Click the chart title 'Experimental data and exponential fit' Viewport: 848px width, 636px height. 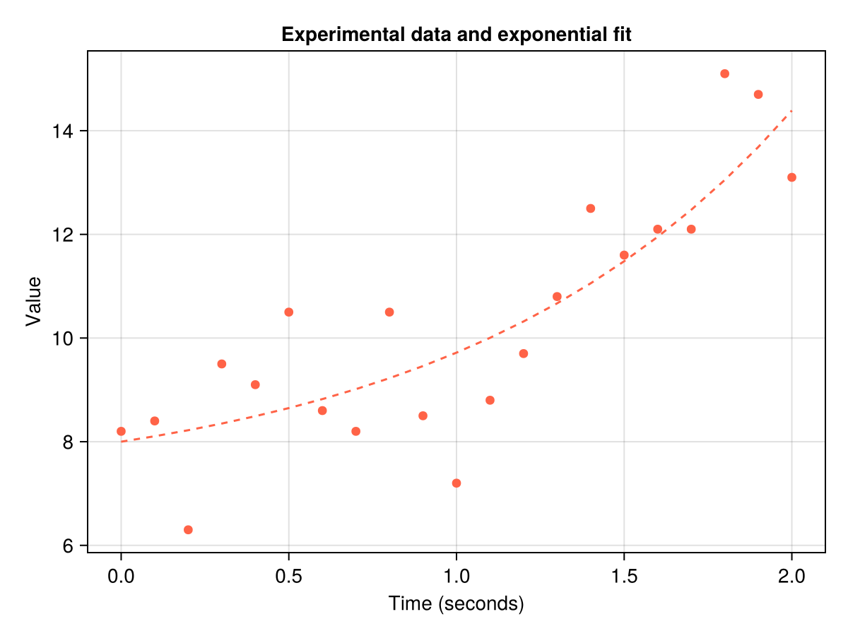(456, 35)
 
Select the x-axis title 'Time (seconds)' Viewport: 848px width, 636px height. (456, 604)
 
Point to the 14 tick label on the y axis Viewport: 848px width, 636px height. (66, 131)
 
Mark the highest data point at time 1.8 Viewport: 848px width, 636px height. (724, 73)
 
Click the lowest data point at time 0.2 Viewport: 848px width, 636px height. (188, 530)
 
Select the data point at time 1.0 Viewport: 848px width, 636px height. (457, 483)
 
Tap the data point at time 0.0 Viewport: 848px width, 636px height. (121, 431)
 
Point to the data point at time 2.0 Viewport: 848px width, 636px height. (791, 177)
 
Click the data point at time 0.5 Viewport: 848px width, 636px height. (288, 312)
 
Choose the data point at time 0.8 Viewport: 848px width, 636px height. (389, 312)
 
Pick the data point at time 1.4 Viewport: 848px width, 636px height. (591, 208)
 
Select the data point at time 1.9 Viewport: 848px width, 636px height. (758, 95)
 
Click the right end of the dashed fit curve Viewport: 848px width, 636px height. (791, 110)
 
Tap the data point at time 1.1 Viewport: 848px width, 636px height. (490, 400)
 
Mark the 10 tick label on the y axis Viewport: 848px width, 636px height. (66, 338)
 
